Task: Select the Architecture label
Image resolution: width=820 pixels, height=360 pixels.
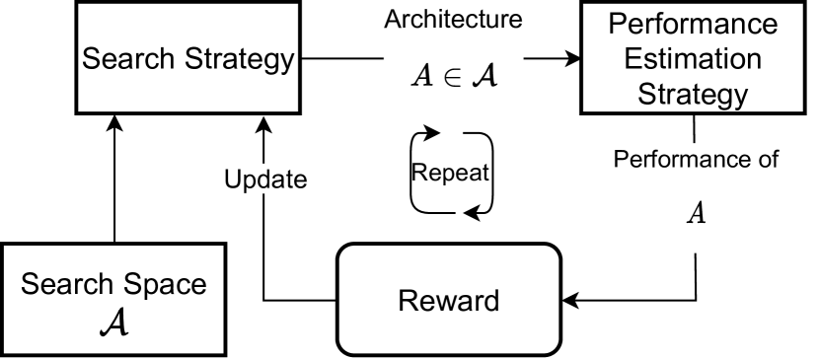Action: point(452,22)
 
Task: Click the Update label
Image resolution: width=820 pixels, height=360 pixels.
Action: point(264,181)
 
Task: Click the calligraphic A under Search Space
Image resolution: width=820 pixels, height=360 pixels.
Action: point(113,323)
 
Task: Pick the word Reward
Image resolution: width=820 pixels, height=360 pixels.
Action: point(449,300)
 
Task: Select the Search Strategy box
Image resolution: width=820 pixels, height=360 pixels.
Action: point(186,94)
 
